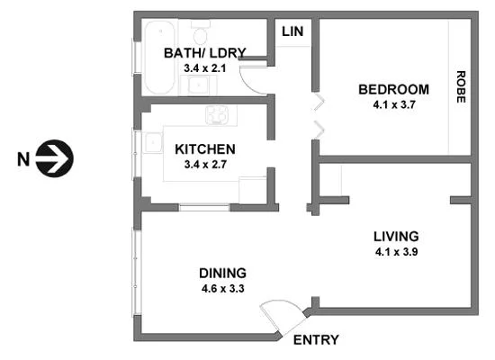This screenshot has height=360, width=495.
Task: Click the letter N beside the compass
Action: (24, 160)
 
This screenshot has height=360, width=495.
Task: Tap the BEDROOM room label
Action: (393, 89)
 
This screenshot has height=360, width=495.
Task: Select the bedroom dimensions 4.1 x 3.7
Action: (393, 103)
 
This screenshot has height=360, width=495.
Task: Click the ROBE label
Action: (461, 87)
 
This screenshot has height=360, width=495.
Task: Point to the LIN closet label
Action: (292, 32)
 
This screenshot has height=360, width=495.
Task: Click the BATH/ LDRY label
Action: (204, 53)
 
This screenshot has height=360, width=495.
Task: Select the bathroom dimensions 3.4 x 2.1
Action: (204, 67)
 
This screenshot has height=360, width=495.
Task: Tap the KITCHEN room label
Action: (205, 149)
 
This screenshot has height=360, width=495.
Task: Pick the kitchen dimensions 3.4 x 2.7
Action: (205, 164)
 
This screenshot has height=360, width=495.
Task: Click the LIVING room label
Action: (396, 237)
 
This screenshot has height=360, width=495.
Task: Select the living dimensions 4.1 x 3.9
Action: (396, 251)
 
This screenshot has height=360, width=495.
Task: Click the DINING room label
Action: (224, 274)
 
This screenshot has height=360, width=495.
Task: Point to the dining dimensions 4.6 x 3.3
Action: (224, 288)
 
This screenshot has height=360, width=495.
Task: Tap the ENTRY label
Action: (316, 339)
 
